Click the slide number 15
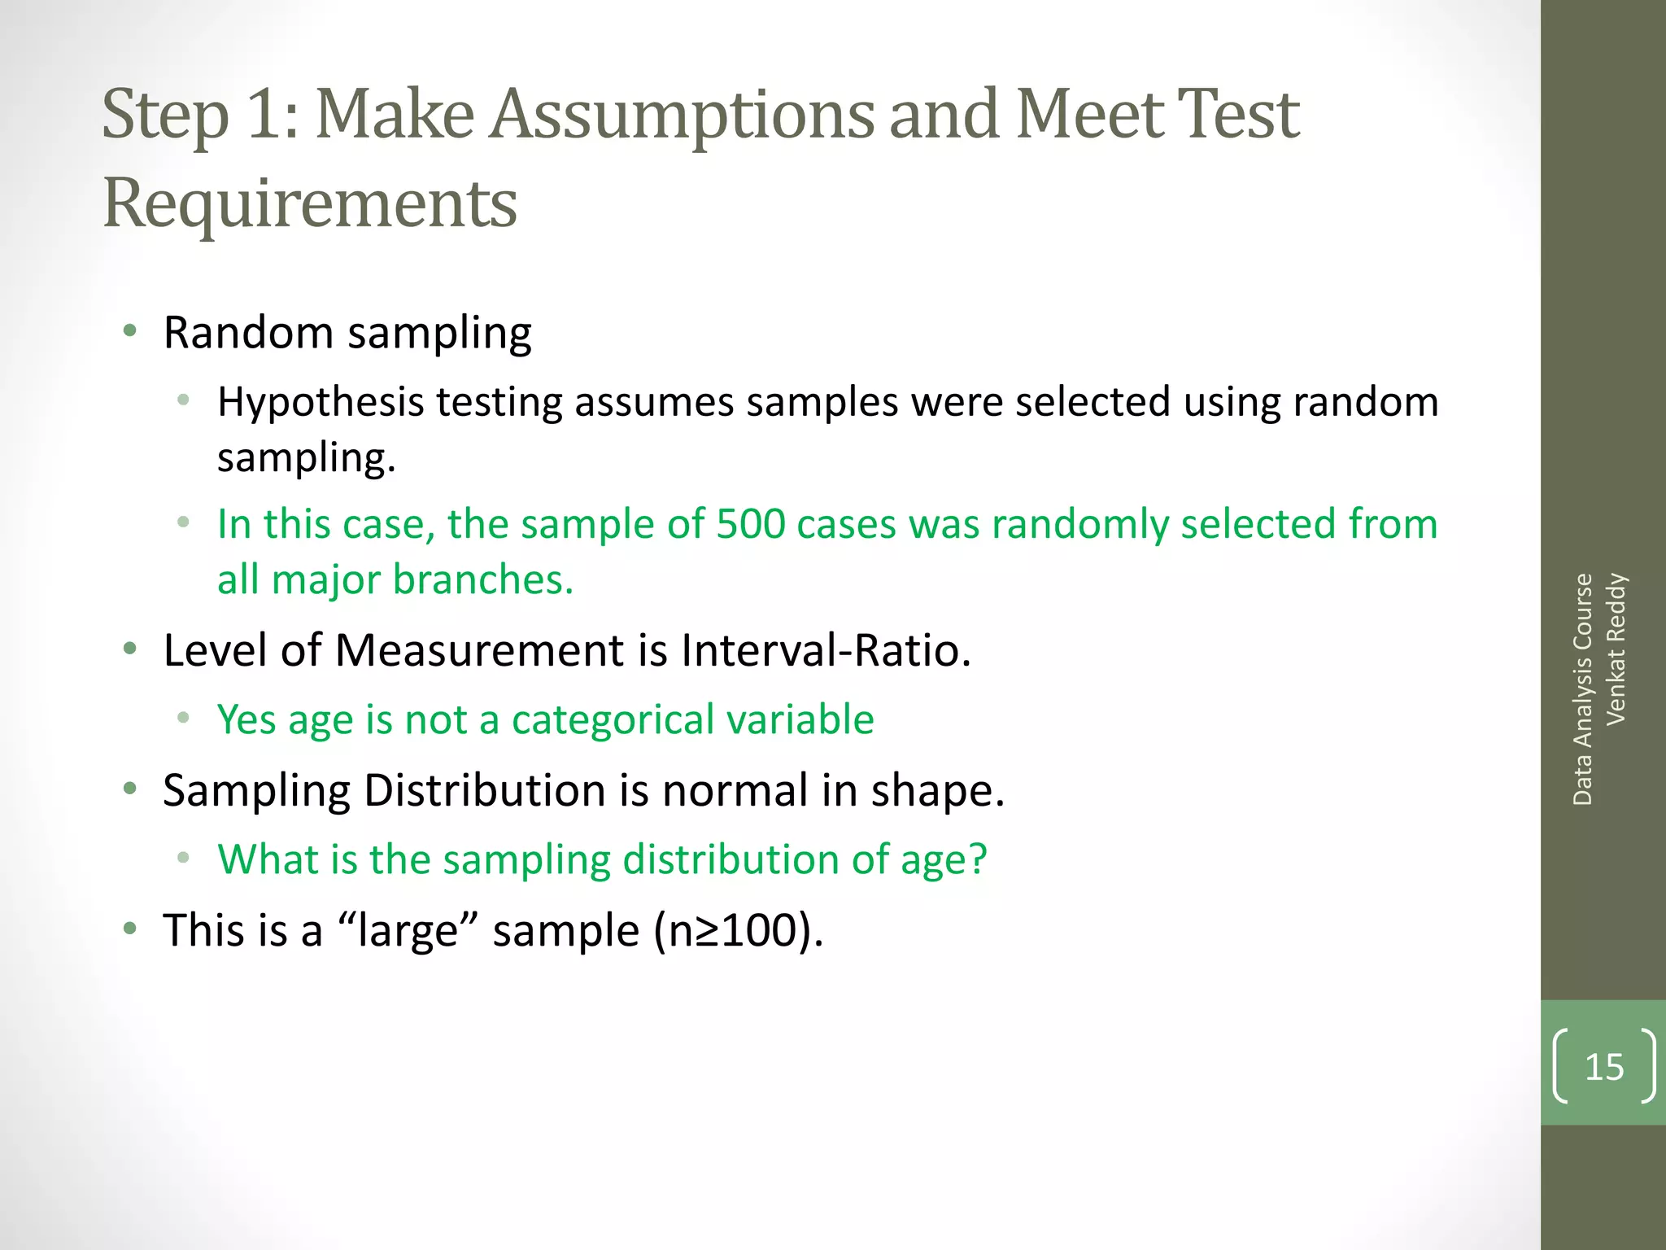coord(1604,1067)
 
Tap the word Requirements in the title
coord(310,203)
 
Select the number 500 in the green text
coord(750,524)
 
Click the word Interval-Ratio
coord(825,651)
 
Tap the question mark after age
coord(976,859)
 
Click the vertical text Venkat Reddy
coord(1616,649)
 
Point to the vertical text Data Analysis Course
coord(1582,689)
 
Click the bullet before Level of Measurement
coord(129,649)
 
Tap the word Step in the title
coord(165,115)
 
